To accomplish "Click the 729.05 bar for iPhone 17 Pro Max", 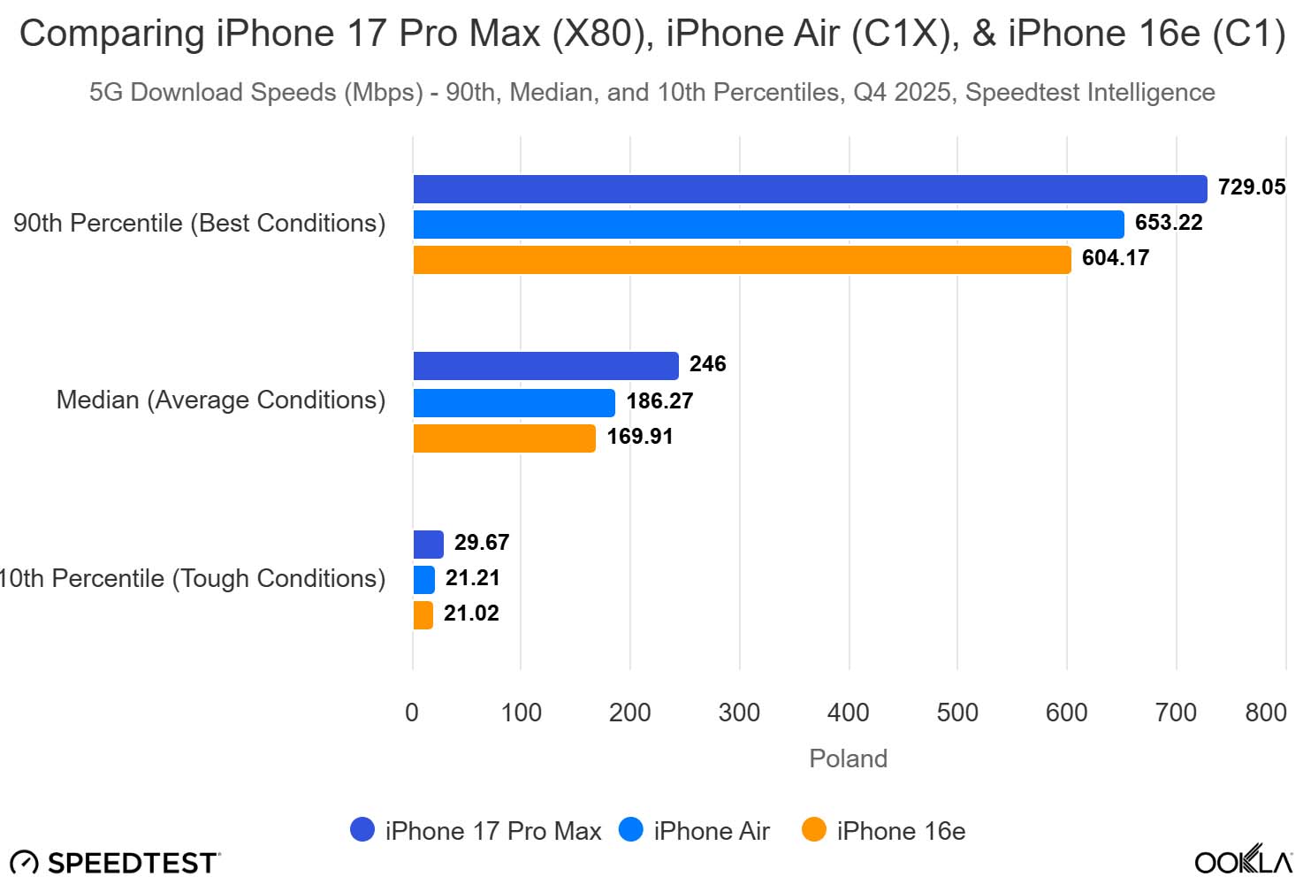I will pyautogui.click(x=809, y=189).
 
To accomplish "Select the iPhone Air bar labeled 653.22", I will pyautogui.click(x=767, y=225).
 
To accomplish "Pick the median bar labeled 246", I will pyautogui.click(x=545, y=366).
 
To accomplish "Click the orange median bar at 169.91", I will pyautogui.click(x=504, y=438).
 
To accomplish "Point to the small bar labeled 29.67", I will pyautogui.click(x=428, y=545).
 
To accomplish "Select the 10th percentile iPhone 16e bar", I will pyautogui.click(x=423, y=615).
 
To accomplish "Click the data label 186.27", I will pyautogui.click(x=659, y=401).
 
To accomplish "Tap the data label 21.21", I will pyautogui.click(x=472, y=578).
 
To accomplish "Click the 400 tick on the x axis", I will pyautogui.click(x=848, y=713).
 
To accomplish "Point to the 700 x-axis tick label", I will pyautogui.click(x=1176, y=713).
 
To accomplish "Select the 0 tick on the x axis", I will pyautogui.click(x=412, y=713).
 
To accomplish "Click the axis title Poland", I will pyautogui.click(x=848, y=758).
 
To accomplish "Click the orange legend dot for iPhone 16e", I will pyautogui.click(x=813, y=830).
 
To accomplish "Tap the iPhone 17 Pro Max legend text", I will pyautogui.click(x=492, y=831).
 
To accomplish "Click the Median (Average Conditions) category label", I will pyautogui.click(x=221, y=400).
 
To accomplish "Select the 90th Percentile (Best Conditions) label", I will pyautogui.click(x=200, y=224).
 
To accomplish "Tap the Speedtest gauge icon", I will pyautogui.click(x=24, y=863).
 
